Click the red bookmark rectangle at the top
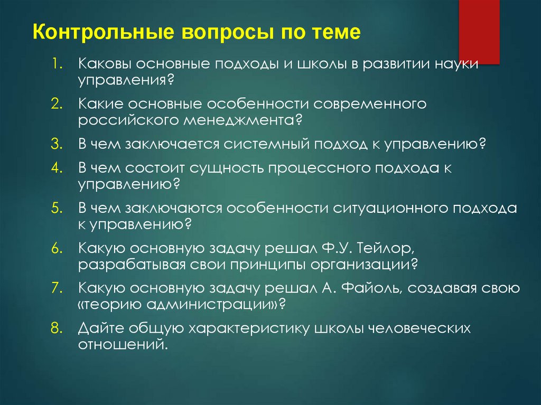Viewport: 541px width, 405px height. [x=479, y=32]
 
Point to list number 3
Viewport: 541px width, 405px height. [x=58, y=144]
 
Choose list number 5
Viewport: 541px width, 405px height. [x=58, y=208]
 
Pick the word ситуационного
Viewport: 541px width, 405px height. [x=390, y=208]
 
